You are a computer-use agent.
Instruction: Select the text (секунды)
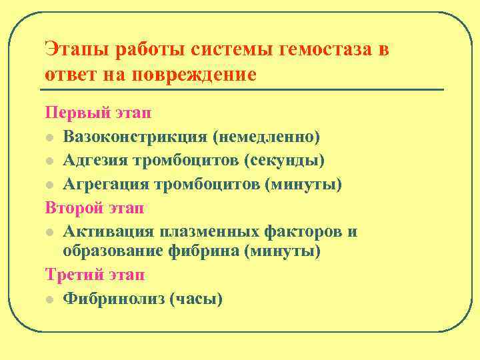(285, 161)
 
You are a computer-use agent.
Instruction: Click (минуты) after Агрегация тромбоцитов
(303, 184)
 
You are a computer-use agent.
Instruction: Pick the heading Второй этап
(95, 208)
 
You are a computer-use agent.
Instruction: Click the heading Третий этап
(95, 275)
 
